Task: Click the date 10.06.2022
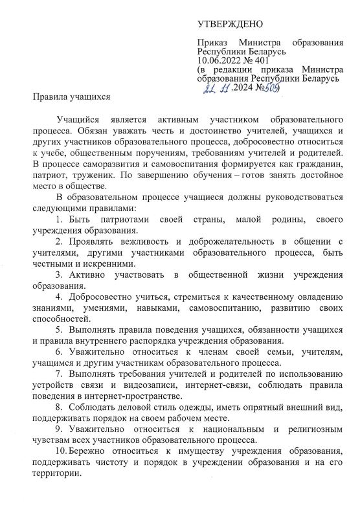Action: click(x=222, y=59)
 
